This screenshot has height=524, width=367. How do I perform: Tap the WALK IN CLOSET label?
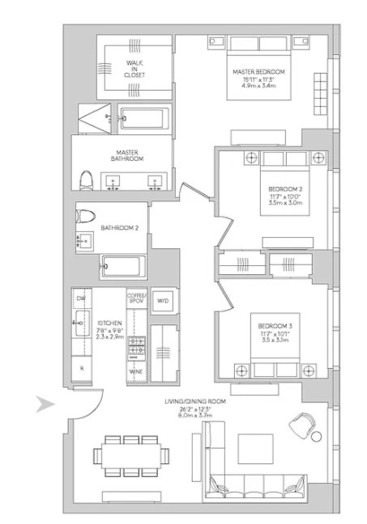135,67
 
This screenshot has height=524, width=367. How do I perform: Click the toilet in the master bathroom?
87,179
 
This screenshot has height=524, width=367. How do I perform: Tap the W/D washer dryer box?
162,300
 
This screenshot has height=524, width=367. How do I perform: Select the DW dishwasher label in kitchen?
81,299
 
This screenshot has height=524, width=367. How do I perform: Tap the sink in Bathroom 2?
83,240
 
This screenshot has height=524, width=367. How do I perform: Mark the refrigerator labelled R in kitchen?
81,369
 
